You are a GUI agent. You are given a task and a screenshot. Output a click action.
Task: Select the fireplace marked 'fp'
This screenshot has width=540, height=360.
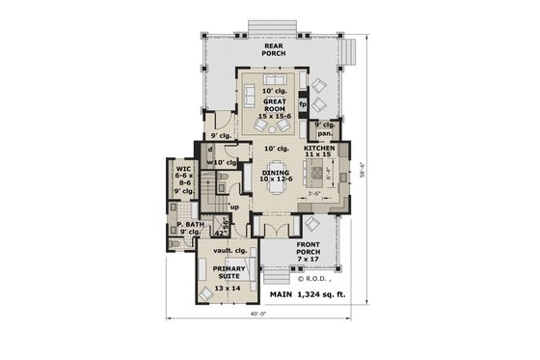click(302, 103)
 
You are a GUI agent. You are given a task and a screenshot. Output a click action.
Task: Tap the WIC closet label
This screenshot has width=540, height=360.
click(183, 180)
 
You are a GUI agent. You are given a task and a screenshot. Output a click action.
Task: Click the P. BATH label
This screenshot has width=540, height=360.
click(188, 228)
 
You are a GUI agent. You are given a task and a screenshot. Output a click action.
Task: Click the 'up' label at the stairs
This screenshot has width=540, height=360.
click(234, 207)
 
